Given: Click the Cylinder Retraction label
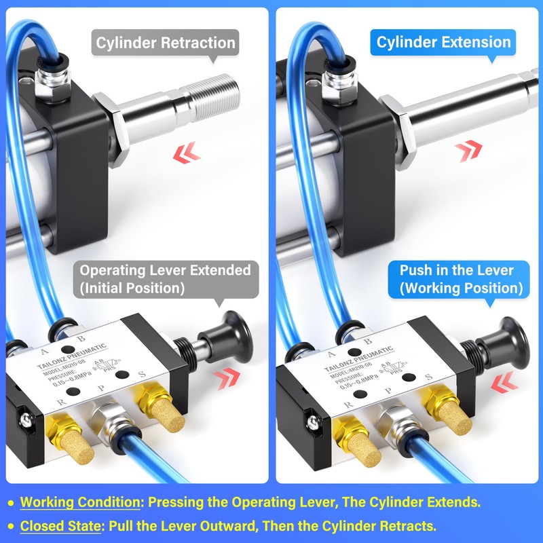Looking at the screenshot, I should pyautogui.click(x=166, y=43).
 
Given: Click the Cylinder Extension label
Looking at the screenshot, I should pyautogui.click(x=443, y=42).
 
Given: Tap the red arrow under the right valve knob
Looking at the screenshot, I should pyautogui.click(x=502, y=386).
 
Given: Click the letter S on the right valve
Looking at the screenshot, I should pyautogui.click(x=428, y=377).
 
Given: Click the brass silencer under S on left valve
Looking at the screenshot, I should pyautogui.click(x=155, y=413).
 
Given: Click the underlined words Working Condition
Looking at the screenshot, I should pyautogui.click(x=79, y=503).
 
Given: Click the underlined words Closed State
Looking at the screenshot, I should pyautogui.click(x=62, y=526).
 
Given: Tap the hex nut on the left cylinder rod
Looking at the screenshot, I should pyautogui.click(x=112, y=130).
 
